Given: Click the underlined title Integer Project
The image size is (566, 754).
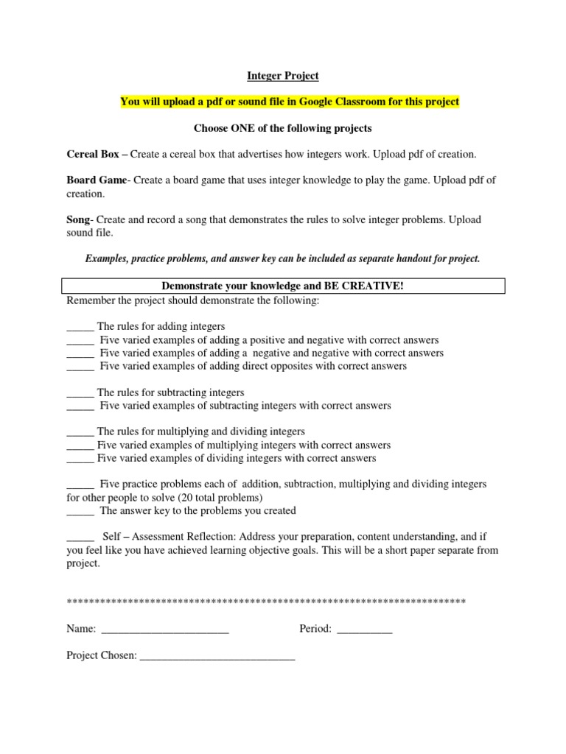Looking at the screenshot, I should [282, 75].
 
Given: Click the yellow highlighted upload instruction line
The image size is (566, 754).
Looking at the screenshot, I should [290, 102].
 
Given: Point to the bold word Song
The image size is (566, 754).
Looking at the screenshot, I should [77, 220].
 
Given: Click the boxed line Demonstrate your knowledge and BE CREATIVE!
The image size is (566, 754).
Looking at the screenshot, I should [282, 286].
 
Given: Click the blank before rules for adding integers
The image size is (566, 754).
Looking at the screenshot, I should [80, 327].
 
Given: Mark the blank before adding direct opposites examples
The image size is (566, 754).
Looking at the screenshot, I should [80, 367].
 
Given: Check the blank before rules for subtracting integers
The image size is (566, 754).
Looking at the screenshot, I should [80, 393].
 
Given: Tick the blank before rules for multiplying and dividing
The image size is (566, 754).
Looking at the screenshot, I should [80, 432].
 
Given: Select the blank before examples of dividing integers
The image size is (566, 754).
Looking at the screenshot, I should [80, 459].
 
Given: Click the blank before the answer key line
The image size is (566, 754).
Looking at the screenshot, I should [80, 511].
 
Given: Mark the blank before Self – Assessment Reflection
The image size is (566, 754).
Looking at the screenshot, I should [80, 538].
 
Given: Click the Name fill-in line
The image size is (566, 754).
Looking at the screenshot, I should [164, 630].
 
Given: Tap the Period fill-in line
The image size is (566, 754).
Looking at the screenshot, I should [364, 630].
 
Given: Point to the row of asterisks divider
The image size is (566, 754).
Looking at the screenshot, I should [265, 602].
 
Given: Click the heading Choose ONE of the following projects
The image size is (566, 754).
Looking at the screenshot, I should [282, 128].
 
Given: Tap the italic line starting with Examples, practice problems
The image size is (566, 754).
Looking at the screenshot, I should [282, 259].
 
